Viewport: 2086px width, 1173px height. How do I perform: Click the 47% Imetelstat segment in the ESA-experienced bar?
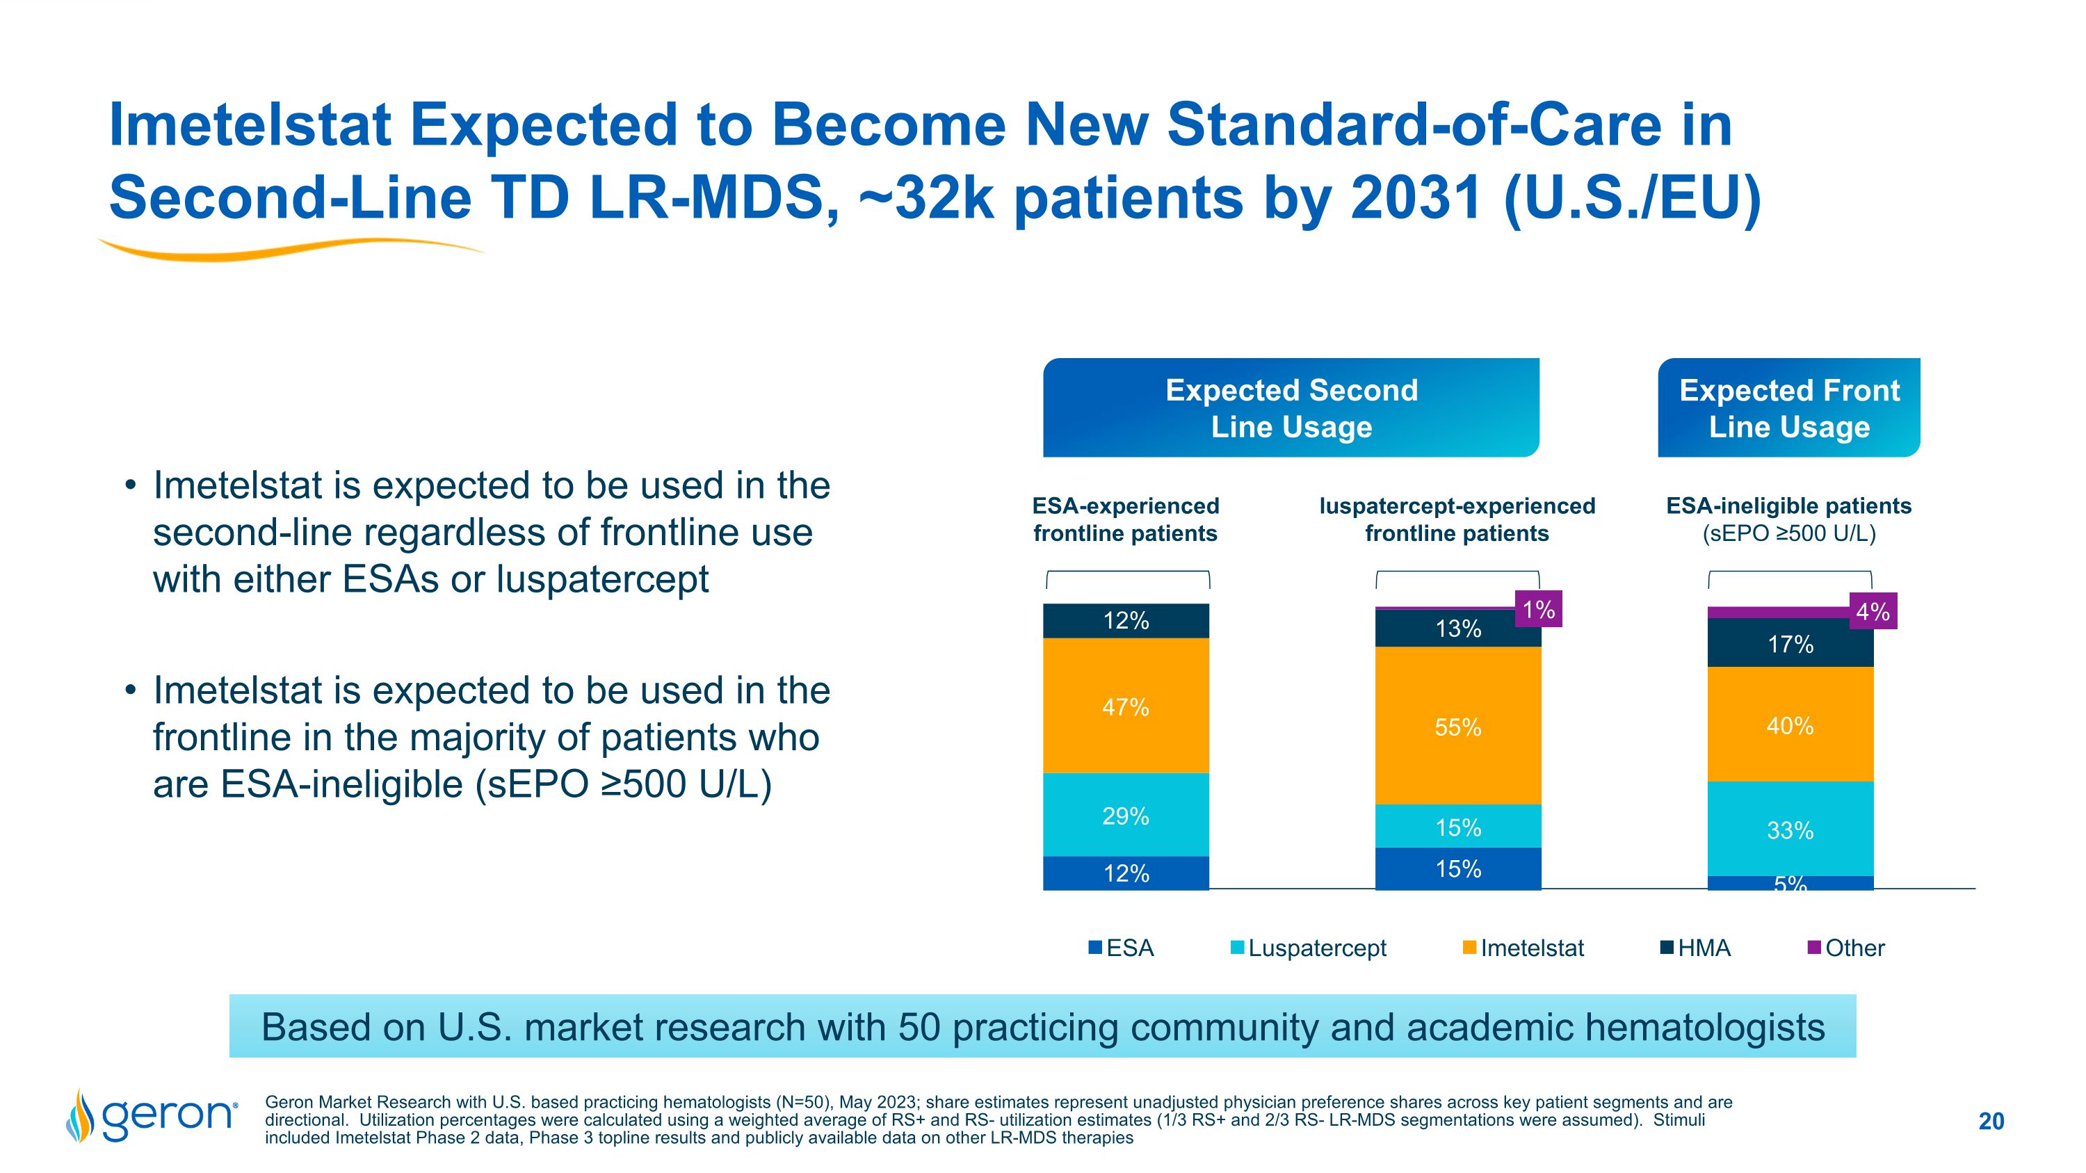[1126, 706]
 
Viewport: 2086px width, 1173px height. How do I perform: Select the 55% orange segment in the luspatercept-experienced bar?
[1457, 726]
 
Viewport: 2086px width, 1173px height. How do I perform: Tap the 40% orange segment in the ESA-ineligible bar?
[1790, 725]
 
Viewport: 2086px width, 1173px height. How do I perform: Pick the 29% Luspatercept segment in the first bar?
[1126, 815]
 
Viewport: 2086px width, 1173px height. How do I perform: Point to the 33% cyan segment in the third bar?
[1790, 830]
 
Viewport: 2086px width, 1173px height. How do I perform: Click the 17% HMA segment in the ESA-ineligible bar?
[1790, 644]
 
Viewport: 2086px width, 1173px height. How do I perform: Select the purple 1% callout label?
[1538, 610]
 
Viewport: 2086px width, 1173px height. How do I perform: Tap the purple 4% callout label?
[1873, 611]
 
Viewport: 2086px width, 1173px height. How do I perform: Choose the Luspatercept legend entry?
[1308, 948]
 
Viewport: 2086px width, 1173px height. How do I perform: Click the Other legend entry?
[1846, 948]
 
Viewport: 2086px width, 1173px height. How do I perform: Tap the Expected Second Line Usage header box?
[1291, 408]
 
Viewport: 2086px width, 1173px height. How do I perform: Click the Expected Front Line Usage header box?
[1789, 408]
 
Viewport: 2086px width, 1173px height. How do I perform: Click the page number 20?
[1991, 1121]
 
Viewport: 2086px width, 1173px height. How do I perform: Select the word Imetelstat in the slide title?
[250, 125]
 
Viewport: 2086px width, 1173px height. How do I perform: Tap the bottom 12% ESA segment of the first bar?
[1126, 873]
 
